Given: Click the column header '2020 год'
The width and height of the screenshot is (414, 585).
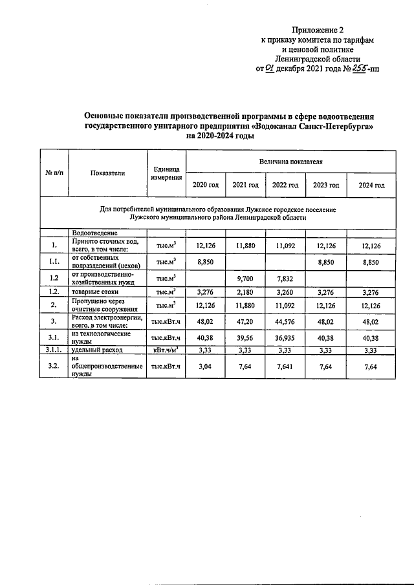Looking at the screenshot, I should point(206,185).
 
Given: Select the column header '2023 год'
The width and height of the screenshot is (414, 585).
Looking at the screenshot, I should point(326,185).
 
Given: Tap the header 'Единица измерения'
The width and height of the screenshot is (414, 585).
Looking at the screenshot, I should point(166,173).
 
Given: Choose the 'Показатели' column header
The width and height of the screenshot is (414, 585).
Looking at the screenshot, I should point(108,173).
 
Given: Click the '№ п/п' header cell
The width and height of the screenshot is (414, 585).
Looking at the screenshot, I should point(54,173).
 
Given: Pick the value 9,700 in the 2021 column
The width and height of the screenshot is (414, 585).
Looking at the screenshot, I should point(245,277).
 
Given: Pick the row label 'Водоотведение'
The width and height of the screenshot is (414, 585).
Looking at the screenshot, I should point(94,232).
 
